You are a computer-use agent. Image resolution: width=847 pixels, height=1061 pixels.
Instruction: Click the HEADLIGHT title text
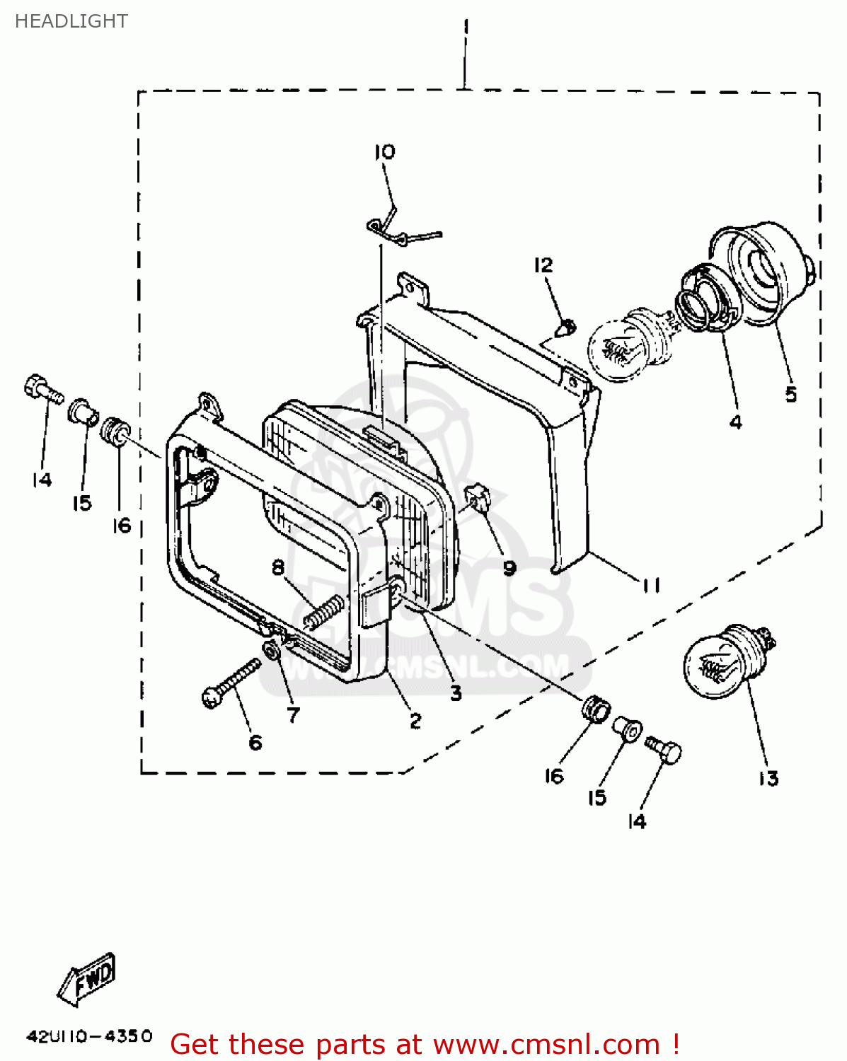point(71,21)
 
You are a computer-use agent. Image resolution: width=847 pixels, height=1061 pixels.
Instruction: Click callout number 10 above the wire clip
point(385,152)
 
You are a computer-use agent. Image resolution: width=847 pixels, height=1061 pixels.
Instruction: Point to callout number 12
point(543,265)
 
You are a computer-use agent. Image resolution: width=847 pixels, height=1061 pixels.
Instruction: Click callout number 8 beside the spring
point(278,568)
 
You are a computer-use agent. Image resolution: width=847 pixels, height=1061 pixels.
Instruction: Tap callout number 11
point(651,586)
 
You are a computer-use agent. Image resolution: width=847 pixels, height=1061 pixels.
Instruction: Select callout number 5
point(791,395)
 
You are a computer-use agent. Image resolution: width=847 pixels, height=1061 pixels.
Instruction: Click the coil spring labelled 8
point(324,611)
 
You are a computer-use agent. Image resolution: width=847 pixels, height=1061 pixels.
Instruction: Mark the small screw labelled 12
point(566,328)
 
